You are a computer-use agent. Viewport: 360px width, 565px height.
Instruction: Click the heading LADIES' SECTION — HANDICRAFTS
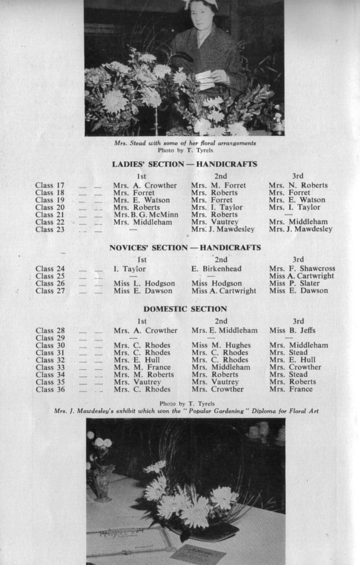pos(184,165)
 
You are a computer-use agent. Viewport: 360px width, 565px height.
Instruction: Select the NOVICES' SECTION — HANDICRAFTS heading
pos(184,248)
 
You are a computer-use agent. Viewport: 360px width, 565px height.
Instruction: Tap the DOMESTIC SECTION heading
pos(185,309)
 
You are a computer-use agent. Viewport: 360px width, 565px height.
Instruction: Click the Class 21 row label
pos(50,215)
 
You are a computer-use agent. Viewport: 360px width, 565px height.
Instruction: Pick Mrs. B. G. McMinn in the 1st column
pos(146,215)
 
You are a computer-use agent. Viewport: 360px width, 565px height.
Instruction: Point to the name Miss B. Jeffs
pos(292,331)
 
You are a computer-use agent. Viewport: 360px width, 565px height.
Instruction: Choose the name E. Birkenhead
pos(217,269)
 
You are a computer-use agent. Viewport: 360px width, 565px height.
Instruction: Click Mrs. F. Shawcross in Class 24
pos(302,269)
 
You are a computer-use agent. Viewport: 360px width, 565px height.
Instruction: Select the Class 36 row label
pos(50,389)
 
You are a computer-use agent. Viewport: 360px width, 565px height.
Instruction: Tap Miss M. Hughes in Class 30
pos(221,345)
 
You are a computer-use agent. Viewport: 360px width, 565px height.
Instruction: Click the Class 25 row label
pos(50,276)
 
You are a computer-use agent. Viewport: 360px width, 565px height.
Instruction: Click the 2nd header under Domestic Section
pos(221,321)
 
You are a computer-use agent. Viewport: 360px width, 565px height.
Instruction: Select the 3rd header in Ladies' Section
pos(298,176)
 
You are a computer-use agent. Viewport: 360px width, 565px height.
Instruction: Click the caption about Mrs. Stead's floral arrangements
pos(185,143)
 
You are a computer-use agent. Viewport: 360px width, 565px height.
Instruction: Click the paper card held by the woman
pos(204,79)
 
